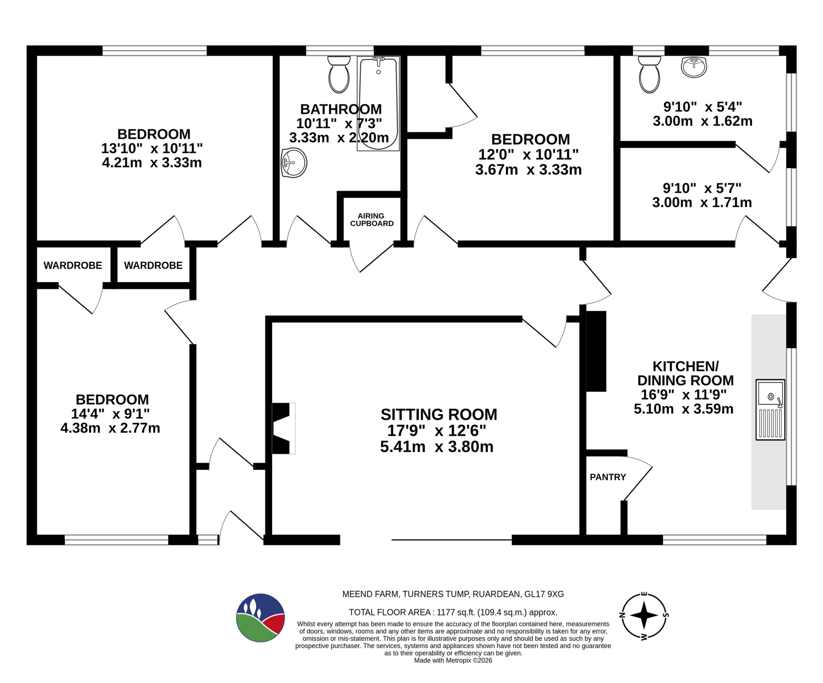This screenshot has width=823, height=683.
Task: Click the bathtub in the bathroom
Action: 378,103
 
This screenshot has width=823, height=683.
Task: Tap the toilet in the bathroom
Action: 339,75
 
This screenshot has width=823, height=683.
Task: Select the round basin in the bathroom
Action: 294,163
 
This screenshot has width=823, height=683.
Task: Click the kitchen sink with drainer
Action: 770,409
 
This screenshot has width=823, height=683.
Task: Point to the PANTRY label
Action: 608,477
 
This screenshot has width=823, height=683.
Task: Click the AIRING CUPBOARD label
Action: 372,220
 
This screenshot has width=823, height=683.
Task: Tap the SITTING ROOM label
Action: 439,415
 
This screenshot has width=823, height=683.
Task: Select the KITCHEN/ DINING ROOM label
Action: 685,373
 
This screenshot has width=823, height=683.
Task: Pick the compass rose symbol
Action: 644,615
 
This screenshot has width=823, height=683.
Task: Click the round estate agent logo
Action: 261,618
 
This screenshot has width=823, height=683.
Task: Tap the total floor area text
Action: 453,612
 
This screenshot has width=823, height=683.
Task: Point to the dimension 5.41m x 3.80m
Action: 437,447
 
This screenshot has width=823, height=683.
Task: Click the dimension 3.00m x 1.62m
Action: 703,121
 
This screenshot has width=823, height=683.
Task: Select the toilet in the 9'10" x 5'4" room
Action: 649,75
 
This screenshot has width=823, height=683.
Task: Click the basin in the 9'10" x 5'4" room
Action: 694,67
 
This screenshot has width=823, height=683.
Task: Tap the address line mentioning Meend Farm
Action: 453,594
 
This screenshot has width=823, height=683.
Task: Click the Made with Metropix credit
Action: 453,660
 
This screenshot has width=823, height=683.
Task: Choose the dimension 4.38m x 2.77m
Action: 110,428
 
